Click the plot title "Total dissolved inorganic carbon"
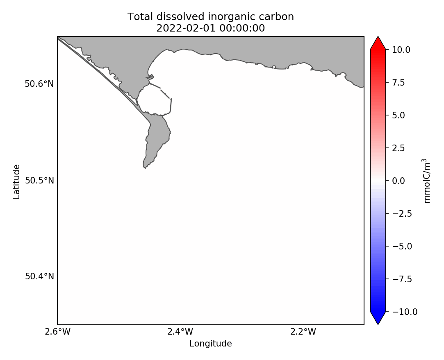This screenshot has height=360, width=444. tap(210, 17)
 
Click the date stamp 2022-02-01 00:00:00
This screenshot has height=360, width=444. tap(210, 28)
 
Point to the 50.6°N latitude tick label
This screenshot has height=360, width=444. tap(39, 84)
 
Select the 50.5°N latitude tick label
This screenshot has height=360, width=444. tap(39, 181)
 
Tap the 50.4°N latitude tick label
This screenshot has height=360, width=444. tap(39, 276)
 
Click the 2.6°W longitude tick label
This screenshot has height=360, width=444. tap(57, 332)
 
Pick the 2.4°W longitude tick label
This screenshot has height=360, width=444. tap(180, 332)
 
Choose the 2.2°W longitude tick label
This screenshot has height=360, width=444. tap(303, 332)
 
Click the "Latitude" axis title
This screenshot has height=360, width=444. tap(16, 181)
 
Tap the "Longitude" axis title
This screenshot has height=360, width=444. tap(210, 344)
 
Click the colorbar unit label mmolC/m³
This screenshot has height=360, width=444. tap(427, 181)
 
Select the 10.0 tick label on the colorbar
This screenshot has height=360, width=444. tap(401, 50)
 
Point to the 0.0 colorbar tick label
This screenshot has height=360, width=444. tap(399, 181)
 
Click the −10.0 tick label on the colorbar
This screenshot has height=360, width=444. tap(403, 312)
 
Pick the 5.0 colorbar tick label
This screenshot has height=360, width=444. tap(399, 115)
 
